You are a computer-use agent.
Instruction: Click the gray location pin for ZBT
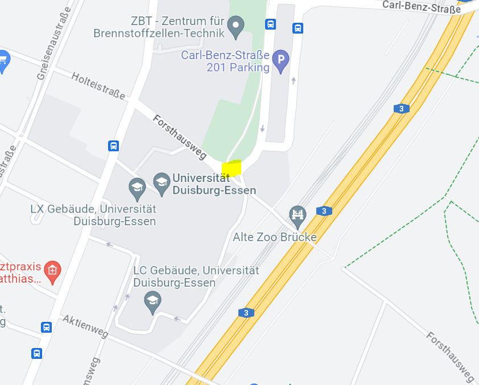236,26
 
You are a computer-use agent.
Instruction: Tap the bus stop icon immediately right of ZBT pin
270,24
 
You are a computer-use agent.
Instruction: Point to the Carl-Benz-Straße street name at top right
421,6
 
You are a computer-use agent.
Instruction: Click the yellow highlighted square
232,168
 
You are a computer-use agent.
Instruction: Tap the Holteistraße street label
98,86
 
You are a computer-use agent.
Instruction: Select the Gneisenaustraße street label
51,43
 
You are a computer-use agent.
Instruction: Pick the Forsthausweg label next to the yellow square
179,136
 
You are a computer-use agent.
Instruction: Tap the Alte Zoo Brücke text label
275,237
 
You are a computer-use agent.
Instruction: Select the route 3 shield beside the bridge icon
324,211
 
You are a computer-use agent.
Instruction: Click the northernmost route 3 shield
402,109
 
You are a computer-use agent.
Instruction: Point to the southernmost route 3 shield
246,313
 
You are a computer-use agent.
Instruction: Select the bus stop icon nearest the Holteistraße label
114,146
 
